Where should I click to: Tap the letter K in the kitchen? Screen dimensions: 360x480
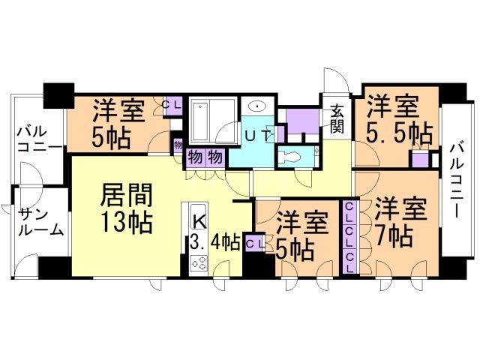199,220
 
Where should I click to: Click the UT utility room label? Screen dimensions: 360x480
259,136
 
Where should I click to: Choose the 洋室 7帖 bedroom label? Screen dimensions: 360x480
394,222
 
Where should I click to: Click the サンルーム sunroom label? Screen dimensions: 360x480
38,222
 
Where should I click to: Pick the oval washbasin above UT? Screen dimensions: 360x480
259,106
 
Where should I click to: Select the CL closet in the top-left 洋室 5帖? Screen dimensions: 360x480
171,106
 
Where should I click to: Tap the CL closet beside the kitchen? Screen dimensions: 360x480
254,243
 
